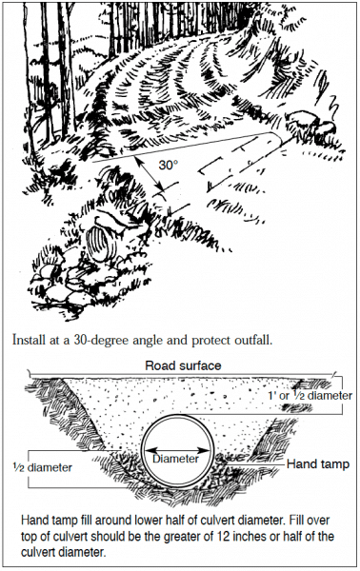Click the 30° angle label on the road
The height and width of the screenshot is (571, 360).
pos(168,165)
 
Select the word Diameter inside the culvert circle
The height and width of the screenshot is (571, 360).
pos(177,459)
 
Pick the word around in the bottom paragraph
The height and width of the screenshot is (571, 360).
pos(100,522)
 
